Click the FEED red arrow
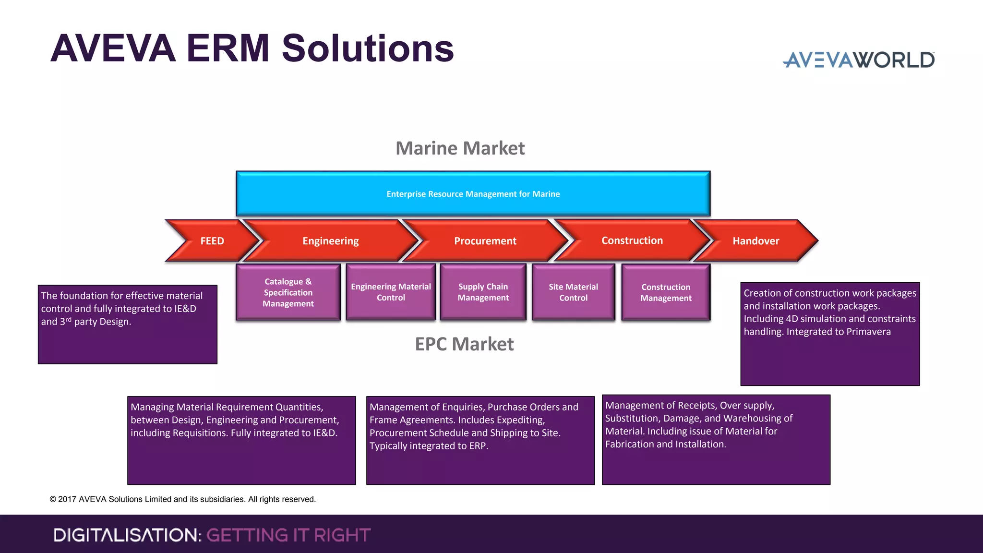point(212,240)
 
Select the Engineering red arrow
point(330,240)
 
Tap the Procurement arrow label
point(485,240)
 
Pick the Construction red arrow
point(632,240)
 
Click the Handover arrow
point(755,240)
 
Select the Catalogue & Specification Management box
point(288,292)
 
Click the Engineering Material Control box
point(391,292)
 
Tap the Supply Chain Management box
point(483,292)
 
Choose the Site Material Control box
point(573,292)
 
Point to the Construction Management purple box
point(666,292)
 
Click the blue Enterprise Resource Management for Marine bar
point(473,193)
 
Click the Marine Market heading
point(460,148)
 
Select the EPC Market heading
point(464,344)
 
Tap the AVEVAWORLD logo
point(858,60)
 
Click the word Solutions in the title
point(368,48)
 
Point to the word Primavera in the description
point(868,332)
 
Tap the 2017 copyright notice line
point(182,499)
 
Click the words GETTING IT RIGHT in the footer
point(288,535)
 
